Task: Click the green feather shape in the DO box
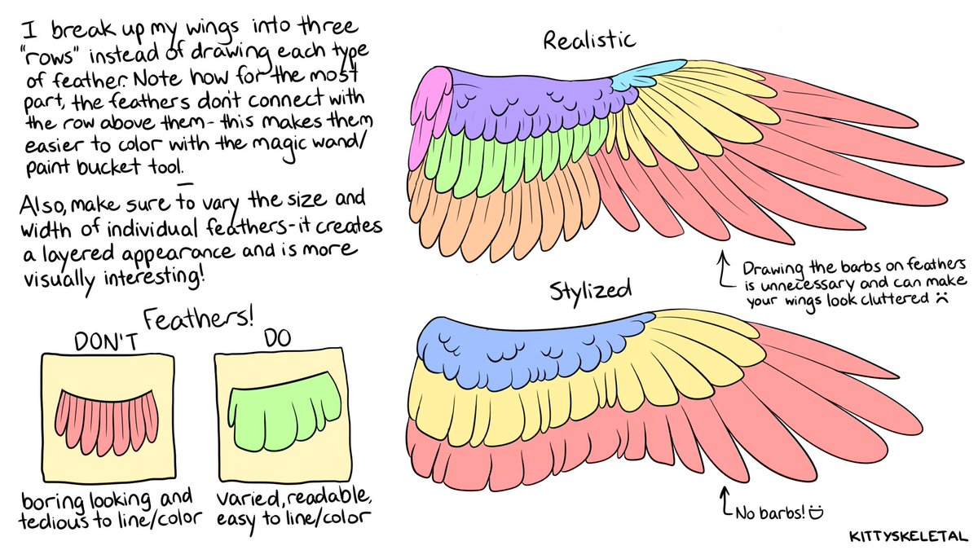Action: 282,411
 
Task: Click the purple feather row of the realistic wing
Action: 530,102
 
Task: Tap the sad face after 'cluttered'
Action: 941,299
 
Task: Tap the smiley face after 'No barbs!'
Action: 816,513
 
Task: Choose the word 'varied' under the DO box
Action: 244,498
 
